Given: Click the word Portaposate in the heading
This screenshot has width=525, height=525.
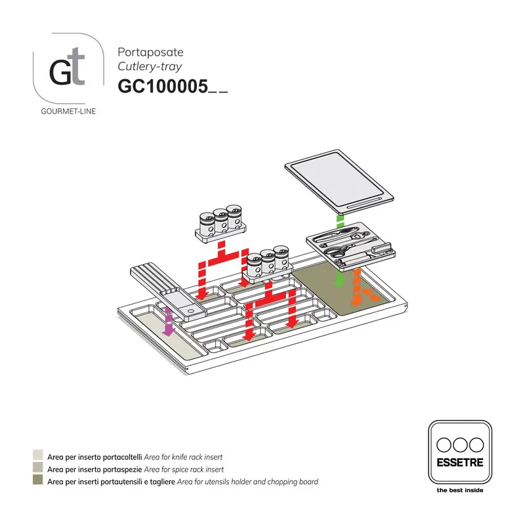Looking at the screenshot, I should pyautogui.click(x=150, y=52).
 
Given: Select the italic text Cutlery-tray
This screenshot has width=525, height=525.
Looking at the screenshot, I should pyautogui.click(x=150, y=66).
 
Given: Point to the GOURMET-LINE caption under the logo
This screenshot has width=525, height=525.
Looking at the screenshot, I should pyautogui.click(x=68, y=112).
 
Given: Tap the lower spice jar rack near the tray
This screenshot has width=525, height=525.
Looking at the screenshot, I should pyautogui.click(x=267, y=263).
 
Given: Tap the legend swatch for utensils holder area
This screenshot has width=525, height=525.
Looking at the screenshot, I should pyautogui.click(x=38, y=482).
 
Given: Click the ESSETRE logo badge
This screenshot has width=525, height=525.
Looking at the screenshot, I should pyautogui.click(x=459, y=452).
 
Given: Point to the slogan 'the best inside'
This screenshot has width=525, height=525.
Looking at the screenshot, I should pyautogui.click(x=459, y=490).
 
